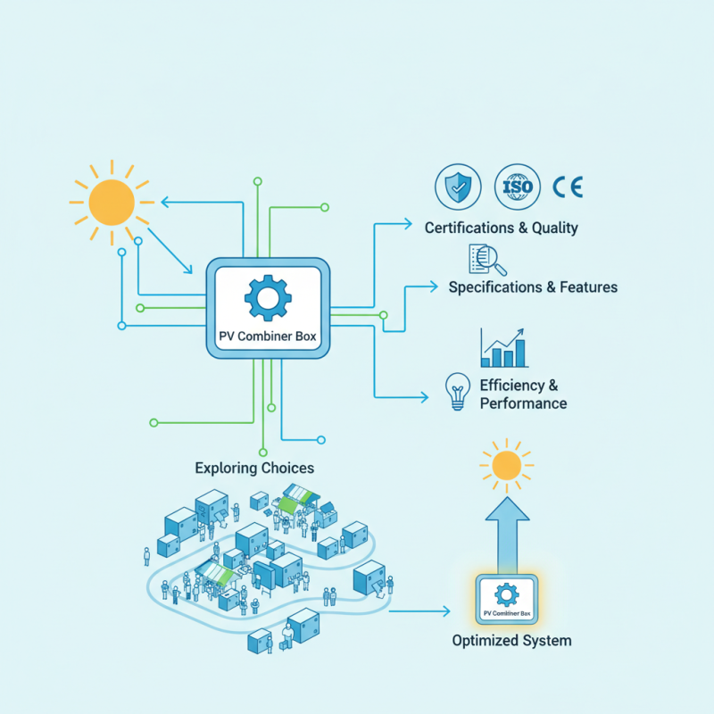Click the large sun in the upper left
coord(112,203)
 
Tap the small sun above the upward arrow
coord(506,465)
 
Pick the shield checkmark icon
coord(458,187)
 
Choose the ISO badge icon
coord(517,187)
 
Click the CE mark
coord(568,187)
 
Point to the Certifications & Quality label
coord(501,228)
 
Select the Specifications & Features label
coord(533,287)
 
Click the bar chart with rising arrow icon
coord(503,348)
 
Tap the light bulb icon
coord(458,391)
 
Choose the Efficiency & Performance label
coord(523,394)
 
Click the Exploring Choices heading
coord(254,468)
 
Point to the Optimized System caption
coord(511,641)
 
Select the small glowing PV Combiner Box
coord(506,599)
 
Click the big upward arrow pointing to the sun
coord(506,535)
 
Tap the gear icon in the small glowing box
coord(506,593)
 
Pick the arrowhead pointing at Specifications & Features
coord(434,286)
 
